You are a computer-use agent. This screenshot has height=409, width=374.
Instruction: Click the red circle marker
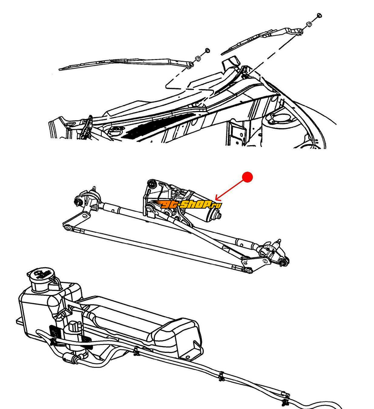click(x=247, y=177)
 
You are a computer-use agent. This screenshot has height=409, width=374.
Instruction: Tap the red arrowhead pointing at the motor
click(x=218, y=198)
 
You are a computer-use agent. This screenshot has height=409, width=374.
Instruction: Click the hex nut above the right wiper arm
click(x=309, y=25)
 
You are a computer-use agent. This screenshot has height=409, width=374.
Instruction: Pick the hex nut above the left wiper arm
click(x=197, y=58)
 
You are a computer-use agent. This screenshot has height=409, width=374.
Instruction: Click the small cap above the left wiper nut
click(x=207, y=50)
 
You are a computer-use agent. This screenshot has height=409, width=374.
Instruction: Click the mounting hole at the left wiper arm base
click(x=191, y=65)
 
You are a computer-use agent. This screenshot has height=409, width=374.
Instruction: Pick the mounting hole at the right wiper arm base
click(x=300, y=31)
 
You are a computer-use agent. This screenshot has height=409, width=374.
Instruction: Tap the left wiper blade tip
click(x=60, y=69)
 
